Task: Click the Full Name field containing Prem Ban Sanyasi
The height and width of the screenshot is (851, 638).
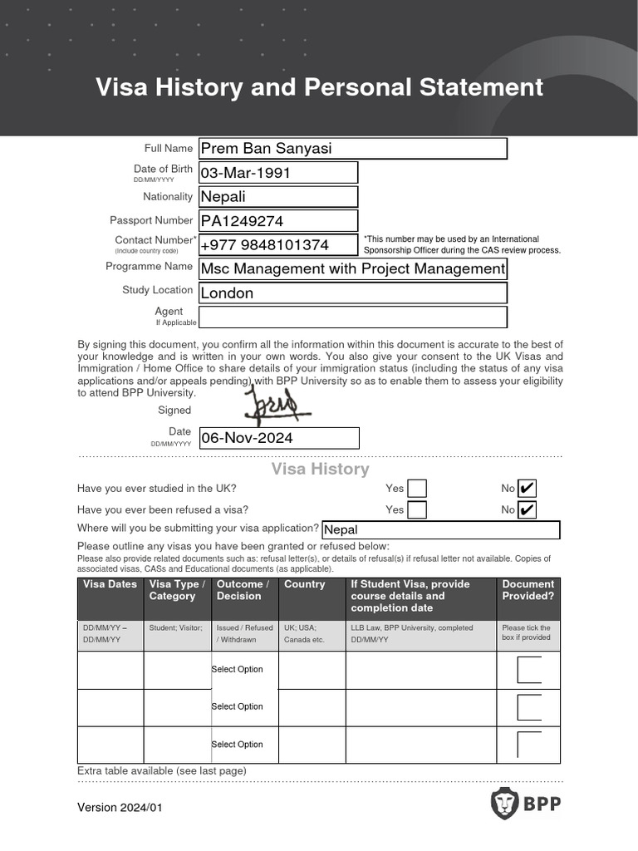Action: click(352, 149)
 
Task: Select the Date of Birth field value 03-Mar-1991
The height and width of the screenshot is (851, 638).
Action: click(278, 173)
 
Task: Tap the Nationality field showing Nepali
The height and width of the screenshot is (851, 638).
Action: click(278, 197)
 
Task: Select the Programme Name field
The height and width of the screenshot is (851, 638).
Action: click(352, 269)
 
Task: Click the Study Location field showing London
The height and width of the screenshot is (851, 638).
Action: click(352, 293)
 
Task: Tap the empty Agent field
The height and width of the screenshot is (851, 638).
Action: click(352, 317)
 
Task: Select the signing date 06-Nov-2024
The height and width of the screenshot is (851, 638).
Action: click(278, 438)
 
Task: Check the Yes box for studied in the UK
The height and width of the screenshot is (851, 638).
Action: click(417, 489)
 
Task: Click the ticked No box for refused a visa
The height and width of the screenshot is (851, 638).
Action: click(526, 509)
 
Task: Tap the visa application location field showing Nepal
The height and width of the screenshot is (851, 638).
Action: click(440, 530)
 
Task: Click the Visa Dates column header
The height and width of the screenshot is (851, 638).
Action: click(110, 584)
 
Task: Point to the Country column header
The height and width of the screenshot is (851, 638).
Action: click(304, 584)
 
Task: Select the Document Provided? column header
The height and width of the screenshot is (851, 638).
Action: click(528, 590)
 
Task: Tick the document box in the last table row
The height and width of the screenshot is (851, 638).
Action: click(528, 745)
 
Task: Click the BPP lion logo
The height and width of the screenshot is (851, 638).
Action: click(503, 804)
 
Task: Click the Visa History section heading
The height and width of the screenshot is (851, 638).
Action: click(320, 470)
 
